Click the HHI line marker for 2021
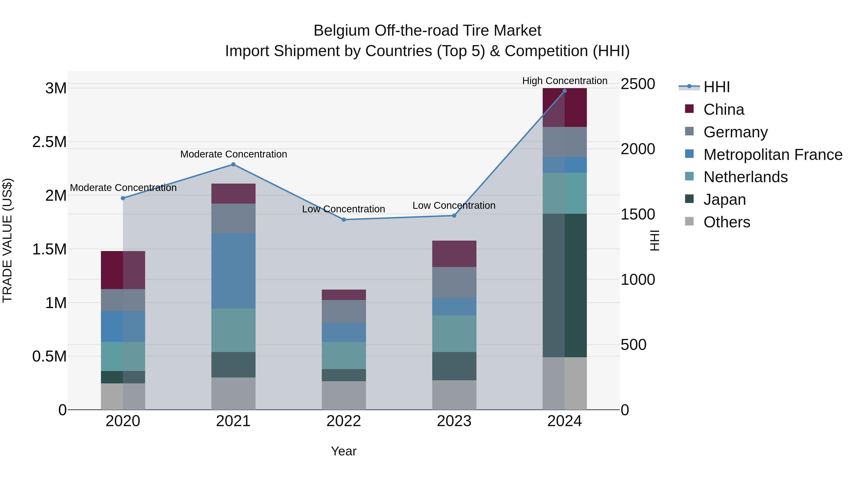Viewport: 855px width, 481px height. click(233, 164)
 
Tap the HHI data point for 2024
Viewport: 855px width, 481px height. click(565, 91)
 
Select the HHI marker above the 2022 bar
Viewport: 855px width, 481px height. click(344, 220)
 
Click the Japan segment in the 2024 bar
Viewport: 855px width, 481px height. click(565, 286)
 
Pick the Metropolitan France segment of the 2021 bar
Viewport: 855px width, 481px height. click(233, 271)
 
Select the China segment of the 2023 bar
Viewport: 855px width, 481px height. click(454, 254)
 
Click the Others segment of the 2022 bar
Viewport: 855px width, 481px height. click(344, 395)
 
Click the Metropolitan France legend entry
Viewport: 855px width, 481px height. click(772, 155)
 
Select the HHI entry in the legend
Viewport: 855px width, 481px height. click(716, 87)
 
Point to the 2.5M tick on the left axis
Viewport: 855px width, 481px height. click(49, 142)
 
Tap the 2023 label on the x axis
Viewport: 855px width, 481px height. click(454, 421)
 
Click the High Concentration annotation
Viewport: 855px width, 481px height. click(565, 81)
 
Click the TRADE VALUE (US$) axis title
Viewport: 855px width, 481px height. click(7, 240)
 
